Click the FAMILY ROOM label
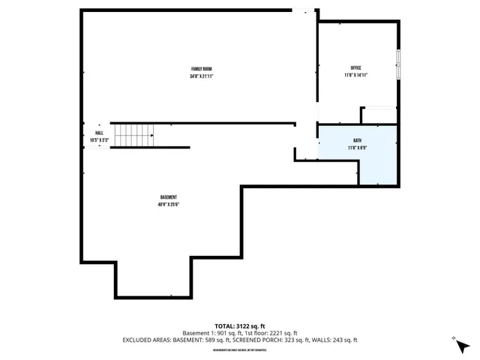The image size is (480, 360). tap(201, 69)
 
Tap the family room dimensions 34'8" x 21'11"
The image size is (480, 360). tap(201, 76)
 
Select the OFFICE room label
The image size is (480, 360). tap(356, 68)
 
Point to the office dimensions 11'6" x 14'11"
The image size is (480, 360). tap(356, 75)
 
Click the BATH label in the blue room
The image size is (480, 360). tap(357, 141)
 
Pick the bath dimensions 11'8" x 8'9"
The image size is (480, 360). tap(357, 148)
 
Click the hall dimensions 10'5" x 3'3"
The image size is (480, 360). tap(99, 140)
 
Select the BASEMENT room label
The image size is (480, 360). tap(168, 197)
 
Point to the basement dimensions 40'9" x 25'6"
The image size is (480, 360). tap(168, 204)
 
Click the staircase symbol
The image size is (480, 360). tap(134, 136)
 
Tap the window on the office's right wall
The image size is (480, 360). tap(398, 63)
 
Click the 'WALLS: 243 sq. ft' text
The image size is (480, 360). tap(335, 340)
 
